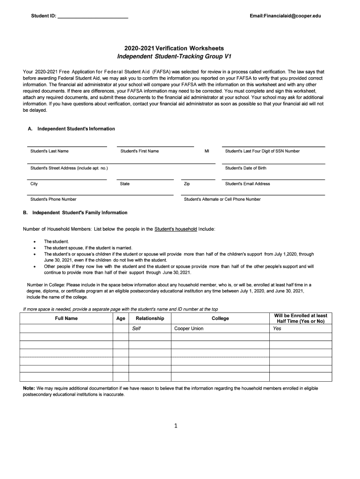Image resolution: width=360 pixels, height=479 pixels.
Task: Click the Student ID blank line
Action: (92, 17)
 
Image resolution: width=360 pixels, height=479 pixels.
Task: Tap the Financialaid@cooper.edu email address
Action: (285, 16)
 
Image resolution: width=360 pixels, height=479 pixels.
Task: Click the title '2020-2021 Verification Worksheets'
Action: (174, 48)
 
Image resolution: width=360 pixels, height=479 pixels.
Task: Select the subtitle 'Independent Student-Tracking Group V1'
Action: (174, 57)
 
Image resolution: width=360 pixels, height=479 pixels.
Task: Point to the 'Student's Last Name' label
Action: (50, 151)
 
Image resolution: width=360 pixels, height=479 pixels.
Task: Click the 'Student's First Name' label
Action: (140, 151)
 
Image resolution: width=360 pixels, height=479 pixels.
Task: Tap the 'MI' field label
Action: (207, 151)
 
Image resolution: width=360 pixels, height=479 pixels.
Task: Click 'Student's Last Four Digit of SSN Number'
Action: (262, 151)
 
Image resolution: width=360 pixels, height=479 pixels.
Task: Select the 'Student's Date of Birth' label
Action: (245, 168)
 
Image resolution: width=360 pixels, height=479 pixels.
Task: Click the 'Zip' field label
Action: (187, 184)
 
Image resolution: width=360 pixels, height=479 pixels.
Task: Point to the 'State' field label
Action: (125, 184)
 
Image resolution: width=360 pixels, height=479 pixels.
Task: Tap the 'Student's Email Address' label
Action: (247, 184)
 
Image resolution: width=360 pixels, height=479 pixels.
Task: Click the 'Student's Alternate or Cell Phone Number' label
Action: (222, 199)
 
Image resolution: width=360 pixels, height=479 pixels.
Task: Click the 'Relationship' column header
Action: (150, 319)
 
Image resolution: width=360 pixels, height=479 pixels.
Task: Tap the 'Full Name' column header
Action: (66, 319)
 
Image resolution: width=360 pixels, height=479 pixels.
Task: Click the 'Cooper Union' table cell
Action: (189, 328)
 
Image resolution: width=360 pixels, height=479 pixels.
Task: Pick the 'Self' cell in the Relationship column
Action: (137, 328)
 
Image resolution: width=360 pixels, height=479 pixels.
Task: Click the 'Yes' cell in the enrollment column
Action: (277, 328)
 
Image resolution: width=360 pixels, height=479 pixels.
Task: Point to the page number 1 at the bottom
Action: (173, 426)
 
